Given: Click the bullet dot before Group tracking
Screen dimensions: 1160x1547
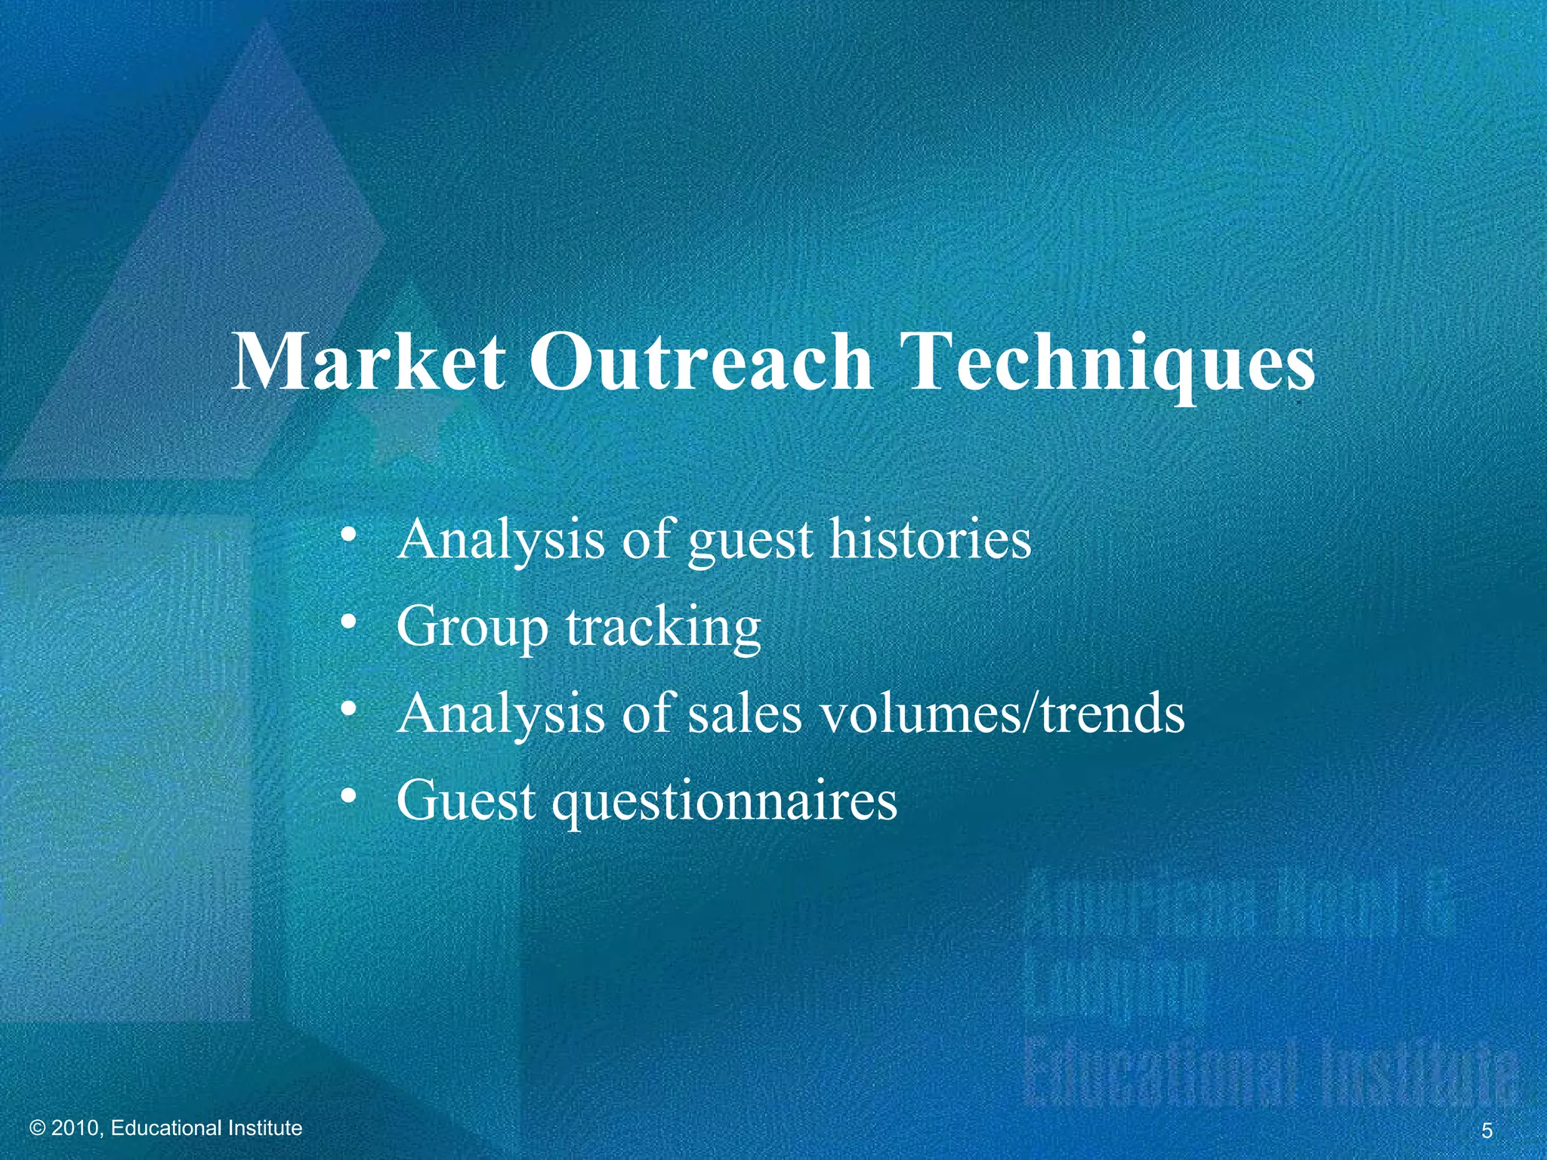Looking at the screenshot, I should click(348, 624).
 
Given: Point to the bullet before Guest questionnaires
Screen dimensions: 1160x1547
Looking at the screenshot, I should click(348, 797).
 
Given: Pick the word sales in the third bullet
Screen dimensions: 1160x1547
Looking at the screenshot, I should click(744, 713).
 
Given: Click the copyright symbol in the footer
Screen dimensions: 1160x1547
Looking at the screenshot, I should click(39, 1128).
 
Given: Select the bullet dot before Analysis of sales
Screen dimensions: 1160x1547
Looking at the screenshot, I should click(348, 709).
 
